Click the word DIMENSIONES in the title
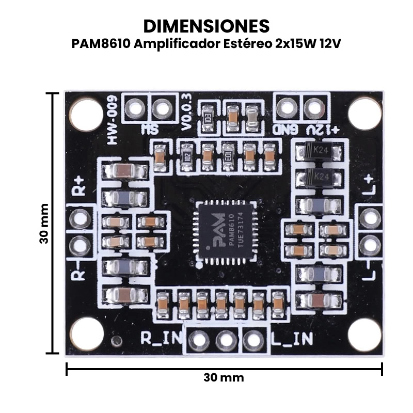click(206, 26)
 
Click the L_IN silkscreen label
click(292, 339)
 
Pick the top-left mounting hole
click(86, 114)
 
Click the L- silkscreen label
click(368, 271)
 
